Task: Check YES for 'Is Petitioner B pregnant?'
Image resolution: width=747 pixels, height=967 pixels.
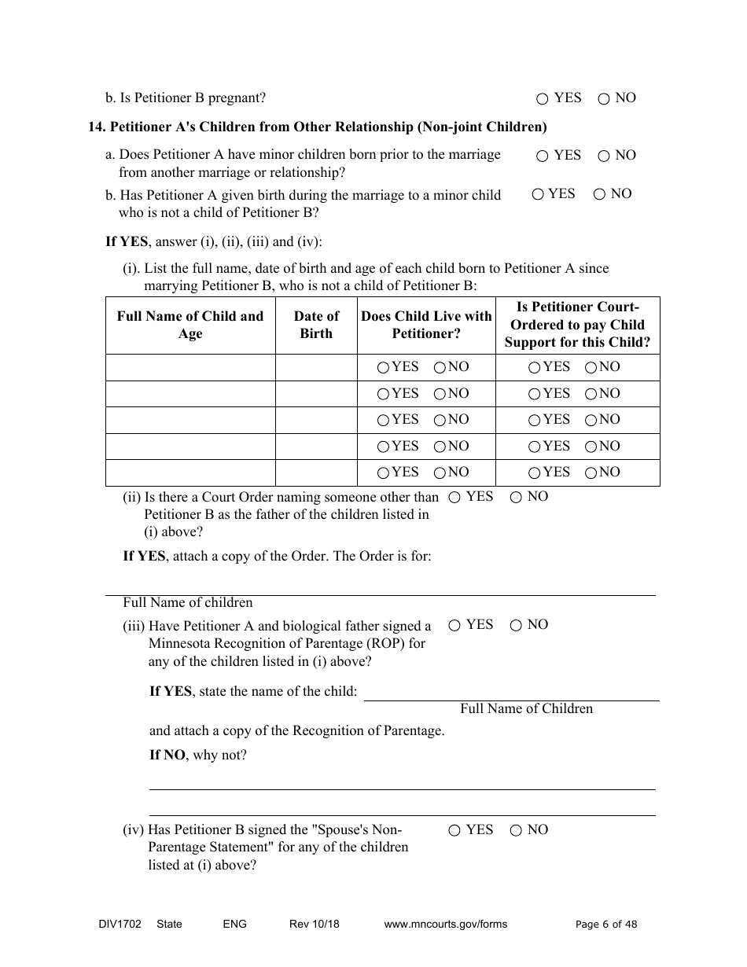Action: tap(542, 99)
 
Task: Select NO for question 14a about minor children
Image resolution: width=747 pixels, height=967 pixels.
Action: tap(604, 156)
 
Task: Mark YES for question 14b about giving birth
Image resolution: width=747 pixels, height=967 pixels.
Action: tap(538, 194)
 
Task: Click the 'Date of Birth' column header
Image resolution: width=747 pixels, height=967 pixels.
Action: tap(316, 325)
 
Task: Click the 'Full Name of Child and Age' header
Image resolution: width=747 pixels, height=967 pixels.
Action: tap(190, 325)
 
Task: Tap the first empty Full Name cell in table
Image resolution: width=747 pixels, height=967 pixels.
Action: tap(190, 367)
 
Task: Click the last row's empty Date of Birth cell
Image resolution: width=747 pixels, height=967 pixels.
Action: tap(316, 472)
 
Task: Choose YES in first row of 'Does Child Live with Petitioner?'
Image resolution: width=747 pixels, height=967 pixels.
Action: tap(383, 367)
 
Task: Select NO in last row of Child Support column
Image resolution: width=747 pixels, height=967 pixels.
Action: tap(591, 472)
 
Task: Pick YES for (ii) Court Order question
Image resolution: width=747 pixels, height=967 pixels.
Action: tap(454, 497)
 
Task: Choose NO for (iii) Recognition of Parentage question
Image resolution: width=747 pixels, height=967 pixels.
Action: tap(516, 626)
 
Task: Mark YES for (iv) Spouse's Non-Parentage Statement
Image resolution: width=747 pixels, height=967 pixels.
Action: tap(454, 830)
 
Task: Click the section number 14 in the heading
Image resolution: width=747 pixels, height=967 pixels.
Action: tap(96, 127)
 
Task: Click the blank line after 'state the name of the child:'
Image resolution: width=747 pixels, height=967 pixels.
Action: tap(511, 692)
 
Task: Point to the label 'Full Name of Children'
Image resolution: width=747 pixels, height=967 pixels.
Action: tap(526, 709)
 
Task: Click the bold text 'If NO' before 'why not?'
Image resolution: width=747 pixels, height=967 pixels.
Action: tap(167, 756)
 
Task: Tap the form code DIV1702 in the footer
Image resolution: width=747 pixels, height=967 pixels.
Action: tap(115, 925)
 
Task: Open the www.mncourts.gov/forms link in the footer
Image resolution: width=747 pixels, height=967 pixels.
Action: tap(445, 925)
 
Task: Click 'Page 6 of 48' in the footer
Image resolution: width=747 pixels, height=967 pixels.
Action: tap(606, 925)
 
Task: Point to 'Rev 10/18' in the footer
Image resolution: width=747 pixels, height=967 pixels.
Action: tap(315, 925)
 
